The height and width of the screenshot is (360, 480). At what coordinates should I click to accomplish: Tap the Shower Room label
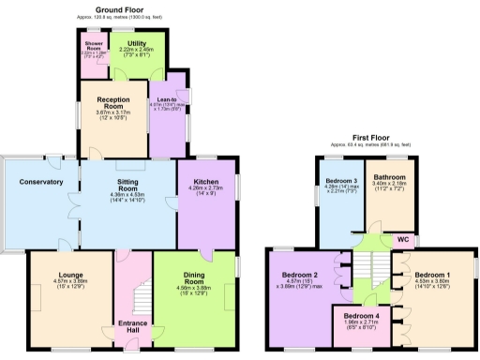(x=93, y=44)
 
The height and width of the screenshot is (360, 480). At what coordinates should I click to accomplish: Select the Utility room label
(x=136, y=43)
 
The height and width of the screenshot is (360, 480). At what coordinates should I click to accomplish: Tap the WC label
(x=402, y=239)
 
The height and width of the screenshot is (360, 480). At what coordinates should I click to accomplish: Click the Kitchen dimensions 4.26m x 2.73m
(x=205, y=188)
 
